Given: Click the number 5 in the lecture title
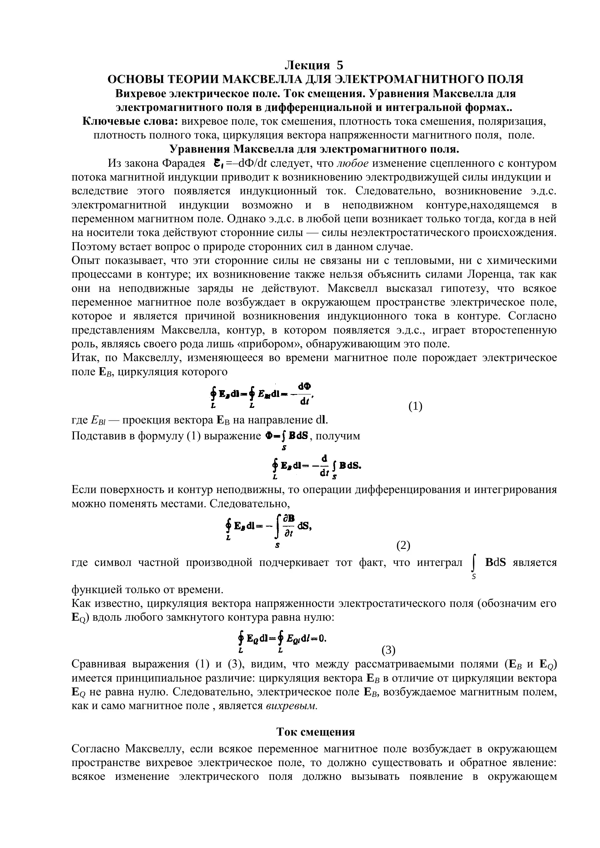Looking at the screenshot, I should tap(340, 65).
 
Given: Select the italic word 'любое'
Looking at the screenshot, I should tap(353, 163).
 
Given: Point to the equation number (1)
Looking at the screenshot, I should tap(415, 406).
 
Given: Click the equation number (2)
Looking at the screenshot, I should tap(403, 545).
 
